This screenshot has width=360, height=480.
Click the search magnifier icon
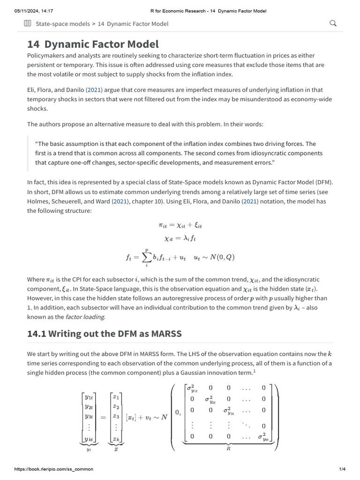coord(333,23)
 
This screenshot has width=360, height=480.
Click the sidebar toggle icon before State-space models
coord(28,23)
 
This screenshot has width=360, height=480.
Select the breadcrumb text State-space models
coord(63,23)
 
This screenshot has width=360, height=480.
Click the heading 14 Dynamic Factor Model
coord(93,44)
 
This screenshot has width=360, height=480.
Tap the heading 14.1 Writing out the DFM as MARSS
coord(104,334)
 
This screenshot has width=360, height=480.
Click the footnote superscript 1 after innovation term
coord(255,371)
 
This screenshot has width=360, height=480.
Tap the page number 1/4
coord(342,469)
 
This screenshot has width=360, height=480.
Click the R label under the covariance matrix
coord(228,448)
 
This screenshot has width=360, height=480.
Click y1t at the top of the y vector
coord(89,397)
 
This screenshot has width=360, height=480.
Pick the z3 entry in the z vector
coord(116,416)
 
